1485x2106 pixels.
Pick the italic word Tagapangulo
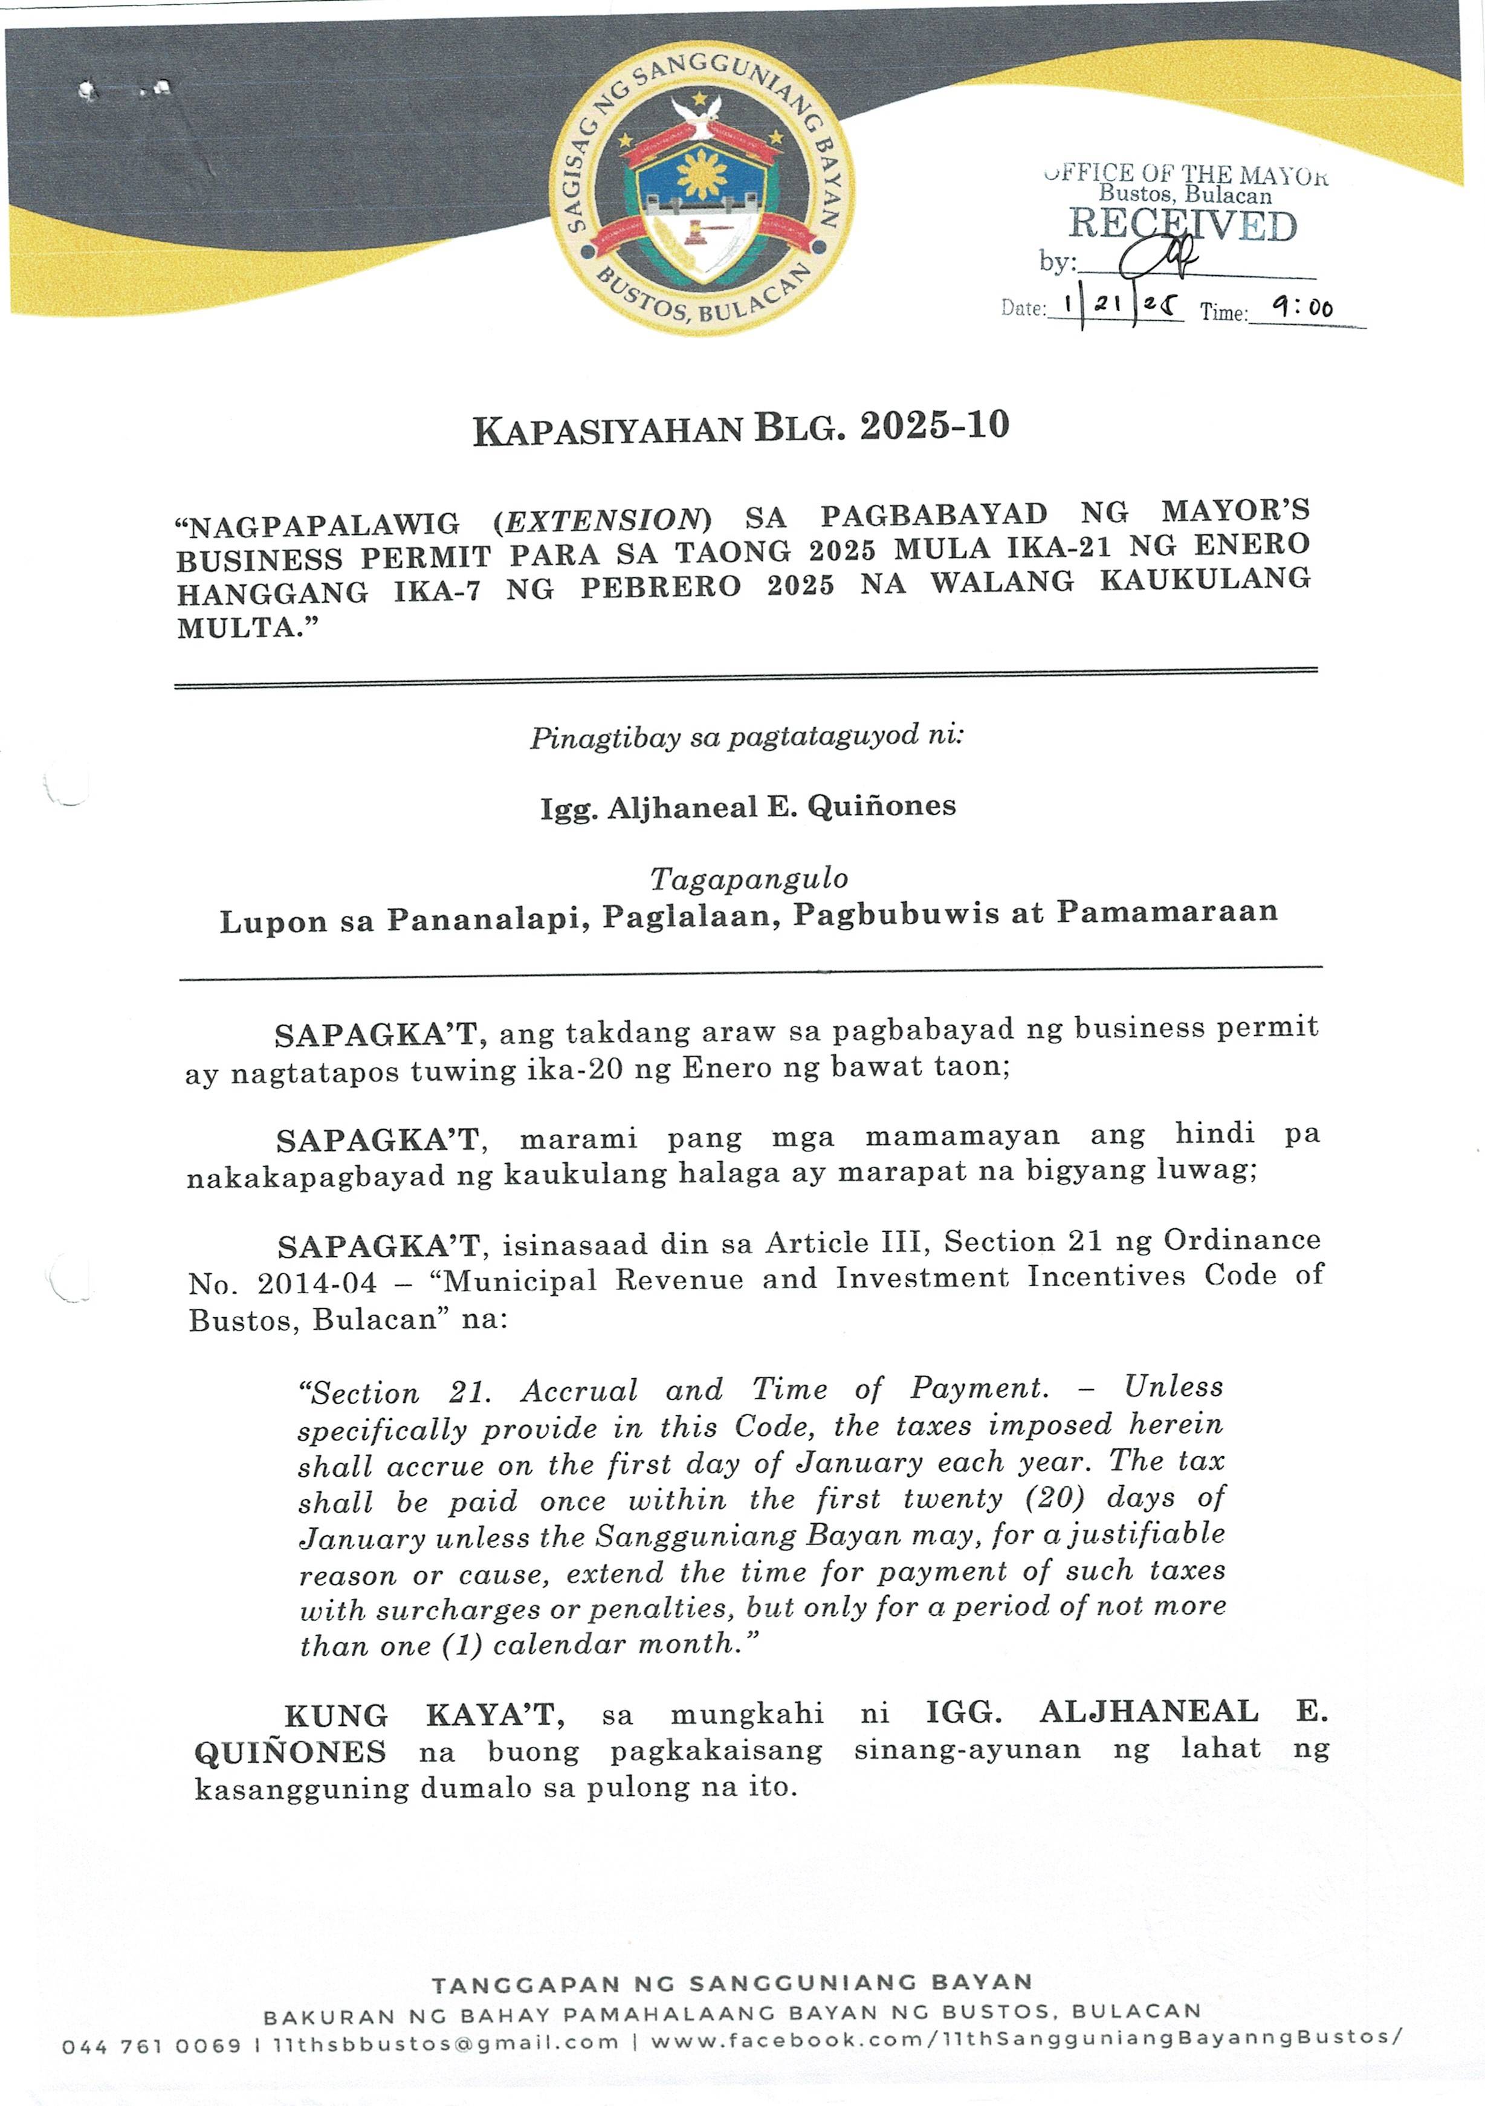click(748, 879)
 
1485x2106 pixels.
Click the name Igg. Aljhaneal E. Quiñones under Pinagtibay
click(748, 807)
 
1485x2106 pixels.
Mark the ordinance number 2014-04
click(317, 1282)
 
